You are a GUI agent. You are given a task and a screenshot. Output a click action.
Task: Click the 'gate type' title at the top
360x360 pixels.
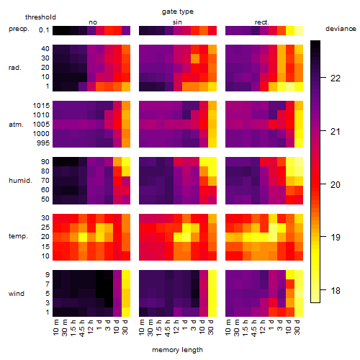178,12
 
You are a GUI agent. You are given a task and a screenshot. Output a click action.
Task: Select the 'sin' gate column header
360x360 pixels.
177,22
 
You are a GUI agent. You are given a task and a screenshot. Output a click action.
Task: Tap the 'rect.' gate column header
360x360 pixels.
261,22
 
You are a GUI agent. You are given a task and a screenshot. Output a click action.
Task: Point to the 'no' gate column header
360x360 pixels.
93,22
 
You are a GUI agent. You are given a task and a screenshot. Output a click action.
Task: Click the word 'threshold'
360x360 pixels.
40,17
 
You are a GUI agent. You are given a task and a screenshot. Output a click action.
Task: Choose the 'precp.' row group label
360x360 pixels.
19,29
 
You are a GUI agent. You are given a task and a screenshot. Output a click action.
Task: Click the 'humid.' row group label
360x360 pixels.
20,180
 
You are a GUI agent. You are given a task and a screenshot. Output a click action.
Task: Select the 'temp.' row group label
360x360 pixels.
18,236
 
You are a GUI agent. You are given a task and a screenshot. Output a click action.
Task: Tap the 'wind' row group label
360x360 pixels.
17,294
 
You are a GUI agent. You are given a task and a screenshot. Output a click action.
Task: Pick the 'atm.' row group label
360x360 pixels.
16,125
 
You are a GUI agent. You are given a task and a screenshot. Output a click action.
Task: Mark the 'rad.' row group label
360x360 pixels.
15,68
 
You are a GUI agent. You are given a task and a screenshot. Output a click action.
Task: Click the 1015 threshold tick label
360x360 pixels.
41,106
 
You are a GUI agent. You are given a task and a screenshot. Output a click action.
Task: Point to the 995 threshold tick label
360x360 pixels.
43,143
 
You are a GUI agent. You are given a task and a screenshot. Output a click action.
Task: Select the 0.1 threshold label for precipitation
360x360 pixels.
44,30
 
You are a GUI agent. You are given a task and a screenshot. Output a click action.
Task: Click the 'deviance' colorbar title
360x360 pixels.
341,29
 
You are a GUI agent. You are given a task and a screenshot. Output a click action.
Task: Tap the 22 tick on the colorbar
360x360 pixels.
336,78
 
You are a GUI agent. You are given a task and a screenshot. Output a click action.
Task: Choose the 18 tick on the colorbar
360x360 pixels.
336,291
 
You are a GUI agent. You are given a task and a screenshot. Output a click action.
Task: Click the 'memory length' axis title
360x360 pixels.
178,350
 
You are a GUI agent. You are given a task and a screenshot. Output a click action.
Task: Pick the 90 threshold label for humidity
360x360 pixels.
45,162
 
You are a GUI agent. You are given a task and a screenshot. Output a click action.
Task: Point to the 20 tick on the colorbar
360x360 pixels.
336,184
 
